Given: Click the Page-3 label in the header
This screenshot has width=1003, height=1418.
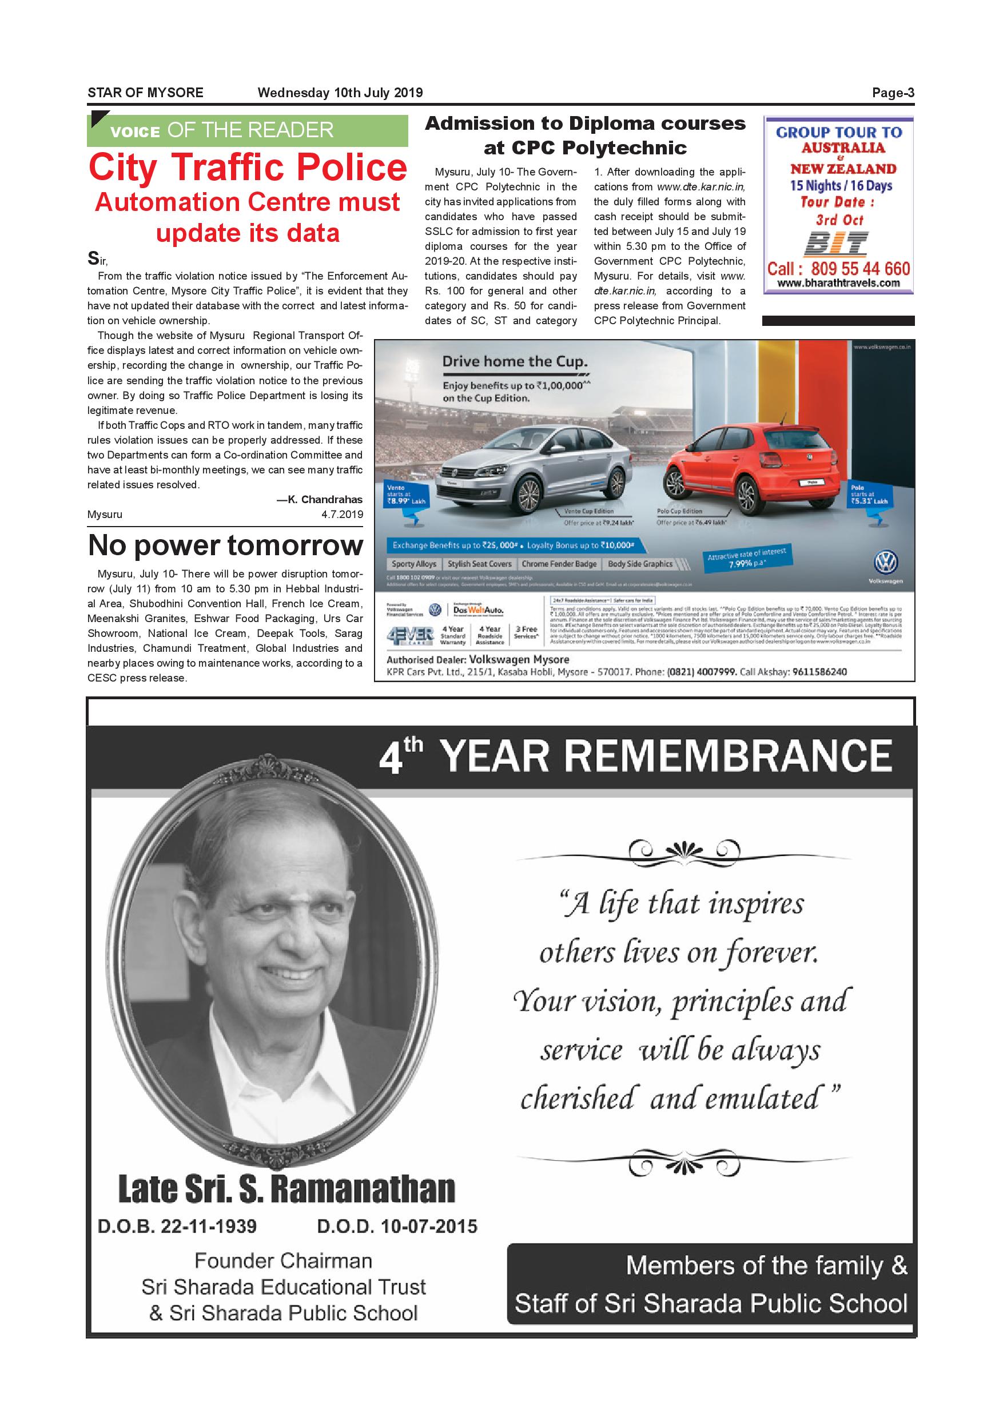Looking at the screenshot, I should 893,93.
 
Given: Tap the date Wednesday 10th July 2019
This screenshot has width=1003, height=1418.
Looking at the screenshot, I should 340,93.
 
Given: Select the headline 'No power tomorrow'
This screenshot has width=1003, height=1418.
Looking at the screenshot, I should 225,545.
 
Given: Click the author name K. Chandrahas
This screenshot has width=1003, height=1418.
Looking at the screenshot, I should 319,500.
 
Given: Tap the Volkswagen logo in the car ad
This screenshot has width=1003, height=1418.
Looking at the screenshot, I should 885,563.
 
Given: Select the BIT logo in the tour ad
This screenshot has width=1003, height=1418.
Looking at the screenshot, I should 836,244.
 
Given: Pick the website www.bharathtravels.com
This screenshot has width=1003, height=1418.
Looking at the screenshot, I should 838,284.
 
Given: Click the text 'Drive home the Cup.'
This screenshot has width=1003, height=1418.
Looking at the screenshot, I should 515,362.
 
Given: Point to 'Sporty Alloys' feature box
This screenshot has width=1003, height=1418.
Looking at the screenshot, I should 414,564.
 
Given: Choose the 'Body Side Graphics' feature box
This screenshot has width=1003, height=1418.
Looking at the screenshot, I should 640,564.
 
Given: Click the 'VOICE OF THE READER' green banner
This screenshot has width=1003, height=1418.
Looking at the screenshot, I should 247,130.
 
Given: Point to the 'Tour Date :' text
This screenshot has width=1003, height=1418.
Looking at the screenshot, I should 838,202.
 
